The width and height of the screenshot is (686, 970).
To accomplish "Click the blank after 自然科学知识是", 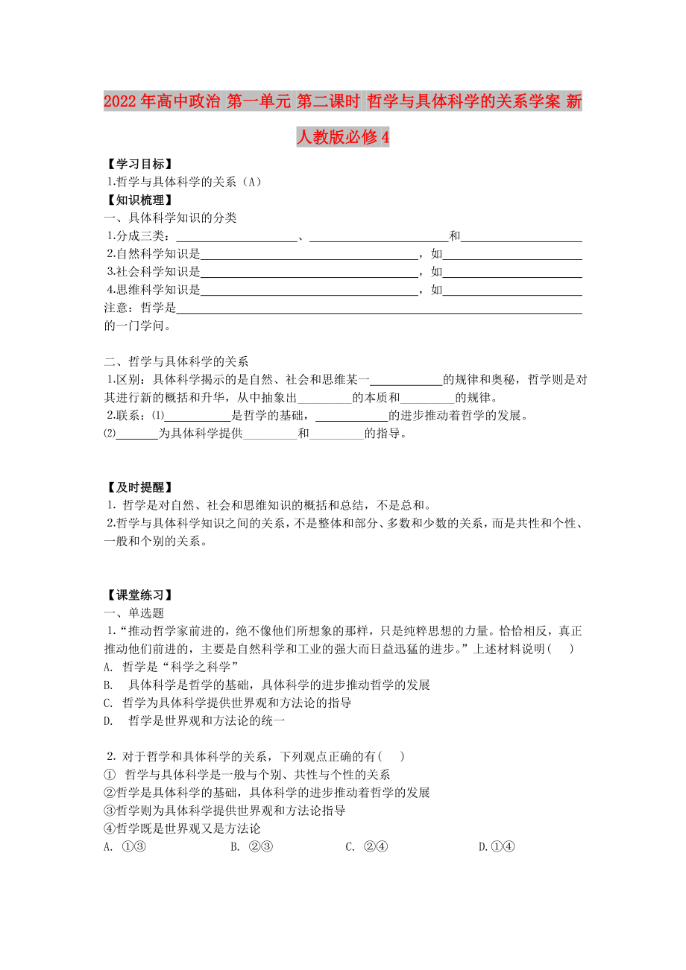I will click(x=309, y=254).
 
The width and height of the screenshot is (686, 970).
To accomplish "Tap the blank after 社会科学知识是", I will click(x=309, y=272).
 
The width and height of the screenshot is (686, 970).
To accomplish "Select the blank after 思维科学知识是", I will click(x=309, y=290).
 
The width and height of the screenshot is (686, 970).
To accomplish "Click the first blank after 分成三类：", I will click(x=234, y=236).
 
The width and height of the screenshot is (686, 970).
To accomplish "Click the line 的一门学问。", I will click(x=139, y=326).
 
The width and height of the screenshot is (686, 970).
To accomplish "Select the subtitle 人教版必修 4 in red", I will click(x=343, y=138).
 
